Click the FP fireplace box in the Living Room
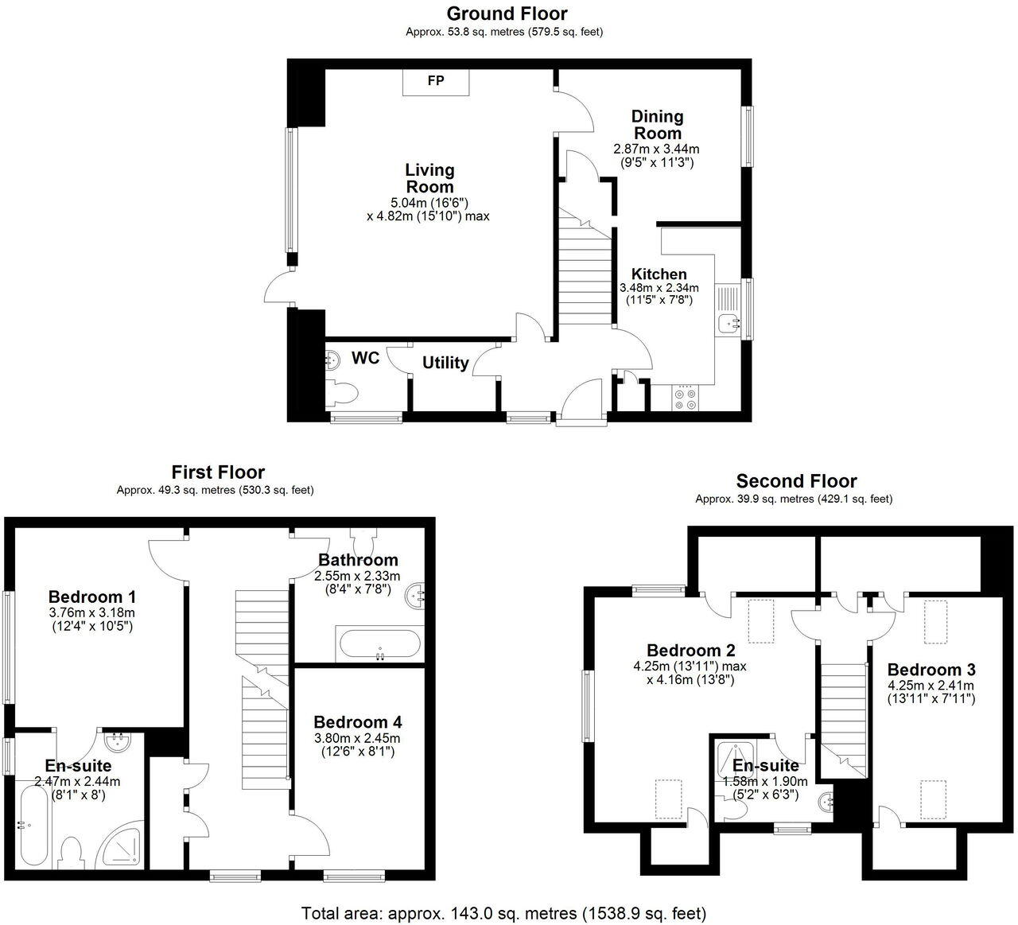(x=436, y=82)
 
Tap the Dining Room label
(x=657, y=125)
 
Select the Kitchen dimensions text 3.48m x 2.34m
(x=659, y=288)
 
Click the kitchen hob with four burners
(x=686, y=398)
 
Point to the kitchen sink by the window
(x=727, y=323)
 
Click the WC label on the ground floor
(x=365, y=359)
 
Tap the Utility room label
(x=445, y=363)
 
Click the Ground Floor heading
(x=507, y=14)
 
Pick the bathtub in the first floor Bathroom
(x=379, y=643)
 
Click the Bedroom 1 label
(x=92, y=597)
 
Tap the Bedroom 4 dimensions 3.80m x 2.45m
(x=357, y=738)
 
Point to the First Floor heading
(x=218, y=472)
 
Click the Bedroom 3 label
(x=931, y=670)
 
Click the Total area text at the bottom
(x=503, y=913)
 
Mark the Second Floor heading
(x=796, y=481)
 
